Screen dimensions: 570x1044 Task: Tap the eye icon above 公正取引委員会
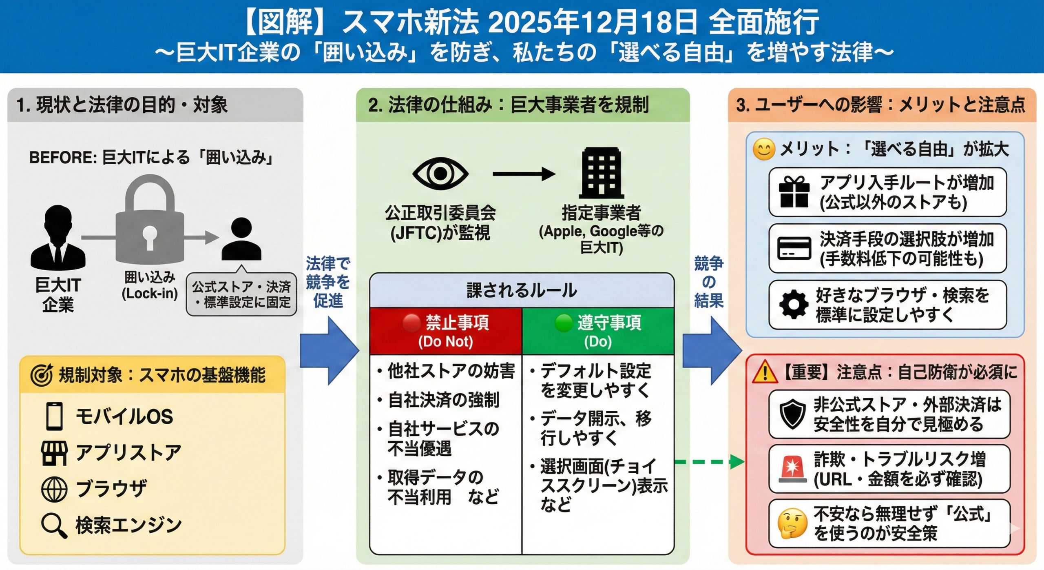click(x=440, y=173)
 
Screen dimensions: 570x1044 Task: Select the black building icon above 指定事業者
click(x=602, y=173)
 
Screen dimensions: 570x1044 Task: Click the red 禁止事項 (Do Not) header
click(x=446, y=331)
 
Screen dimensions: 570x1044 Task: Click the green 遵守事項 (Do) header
click(x=598, y=331)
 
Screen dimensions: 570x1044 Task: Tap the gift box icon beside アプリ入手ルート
click(x=794, y=192)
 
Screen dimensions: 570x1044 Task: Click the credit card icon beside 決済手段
click(x=794, y=248)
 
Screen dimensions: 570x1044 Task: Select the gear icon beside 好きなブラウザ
click(x=794, y=305)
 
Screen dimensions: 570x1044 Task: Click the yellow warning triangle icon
click(x=765, y=372)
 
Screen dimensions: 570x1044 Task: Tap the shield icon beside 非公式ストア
click(x=792, y=414)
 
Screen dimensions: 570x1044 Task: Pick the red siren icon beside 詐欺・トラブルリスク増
click(x=792, y=469)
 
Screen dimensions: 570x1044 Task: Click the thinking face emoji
click(x=792, y=523)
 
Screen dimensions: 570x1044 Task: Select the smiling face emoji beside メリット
click(x=763, y=149)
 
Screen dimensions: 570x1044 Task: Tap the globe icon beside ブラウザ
click(x=54, y=489)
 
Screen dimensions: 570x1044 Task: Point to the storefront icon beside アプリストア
click(x=54, y=453)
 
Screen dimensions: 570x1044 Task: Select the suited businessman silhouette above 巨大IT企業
click(x=58, y=237)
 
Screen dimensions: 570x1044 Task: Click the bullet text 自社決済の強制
click(x=443, y=400)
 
